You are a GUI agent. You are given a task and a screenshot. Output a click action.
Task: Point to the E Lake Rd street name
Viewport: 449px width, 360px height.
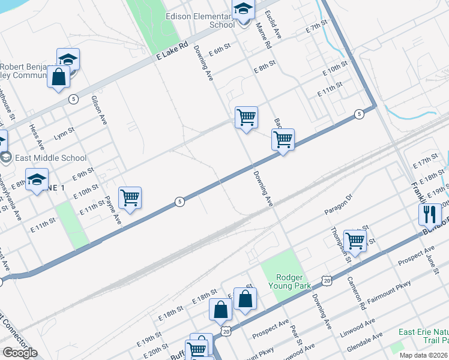pos(173,50)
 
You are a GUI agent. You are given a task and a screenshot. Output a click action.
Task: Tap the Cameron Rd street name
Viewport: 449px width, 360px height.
pos(356,293)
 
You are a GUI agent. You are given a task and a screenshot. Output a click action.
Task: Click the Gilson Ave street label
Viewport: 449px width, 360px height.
pos(99,110)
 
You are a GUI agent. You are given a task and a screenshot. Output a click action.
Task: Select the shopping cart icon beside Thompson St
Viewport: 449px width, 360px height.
pos(355,241)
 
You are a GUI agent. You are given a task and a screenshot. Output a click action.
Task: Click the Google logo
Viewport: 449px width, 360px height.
pos(20,353)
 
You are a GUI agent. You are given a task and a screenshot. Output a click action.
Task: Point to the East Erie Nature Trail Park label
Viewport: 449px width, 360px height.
pos(424,337)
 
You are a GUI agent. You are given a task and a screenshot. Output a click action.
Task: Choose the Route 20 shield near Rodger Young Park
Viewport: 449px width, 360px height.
pos(326,280)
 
